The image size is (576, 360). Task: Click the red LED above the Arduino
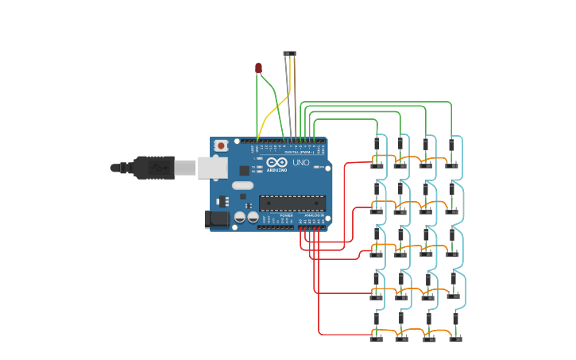click(x=258, y=68)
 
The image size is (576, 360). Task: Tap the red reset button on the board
click(x=221, y=145)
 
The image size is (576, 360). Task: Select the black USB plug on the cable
click(x=154, y=168)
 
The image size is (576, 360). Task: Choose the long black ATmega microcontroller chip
click(x=292, y=203)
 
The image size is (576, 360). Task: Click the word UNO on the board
click(x=301, y=162)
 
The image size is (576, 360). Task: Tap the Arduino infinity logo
click(x=277, y=163)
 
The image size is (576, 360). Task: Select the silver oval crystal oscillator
click(x=242, y=186)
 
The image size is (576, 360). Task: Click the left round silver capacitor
click(x=239, y=217)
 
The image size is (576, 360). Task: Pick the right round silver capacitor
click(x=253, y=217)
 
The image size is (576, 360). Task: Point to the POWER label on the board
click(x=286, y=215)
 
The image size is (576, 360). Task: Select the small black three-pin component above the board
click(x=289, y=54)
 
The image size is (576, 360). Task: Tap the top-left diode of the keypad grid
click(x=376, y=144)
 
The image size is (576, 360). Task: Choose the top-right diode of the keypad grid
click(x=451, y=145)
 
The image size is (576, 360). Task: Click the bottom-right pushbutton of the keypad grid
click(x=455, y=339)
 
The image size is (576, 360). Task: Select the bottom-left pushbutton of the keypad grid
click(x=376, y=339)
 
